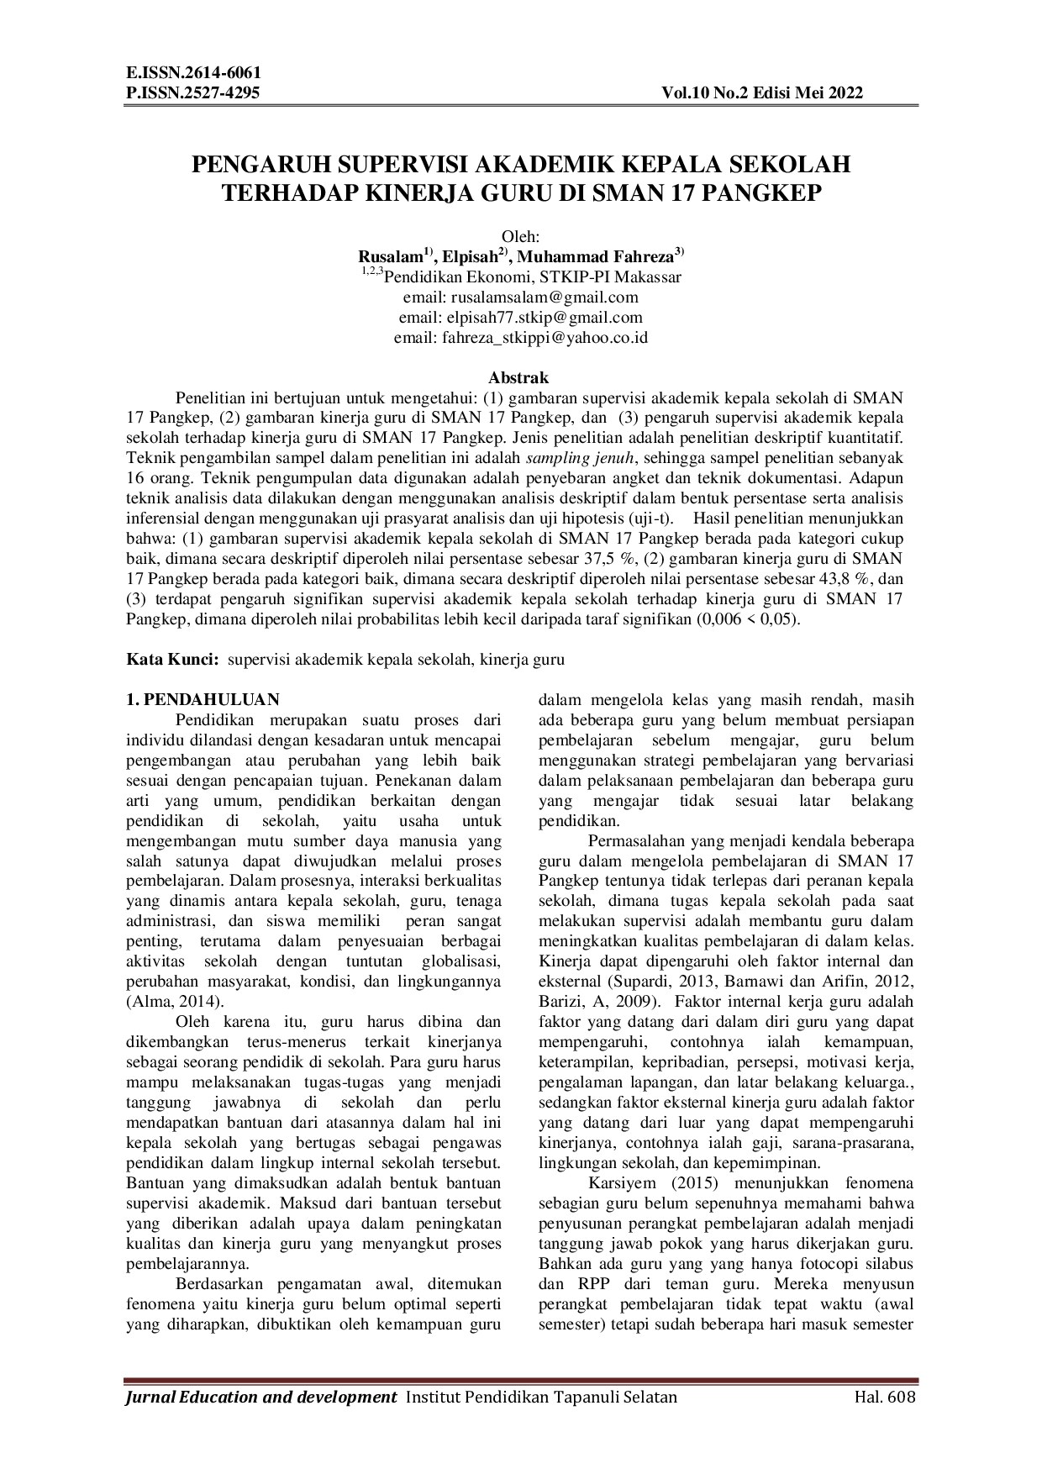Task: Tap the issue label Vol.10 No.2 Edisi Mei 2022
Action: pos(762,93)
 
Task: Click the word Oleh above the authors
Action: pos(520,236)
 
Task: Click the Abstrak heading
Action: pos(518,378)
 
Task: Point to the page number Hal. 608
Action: pos(884,1398)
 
